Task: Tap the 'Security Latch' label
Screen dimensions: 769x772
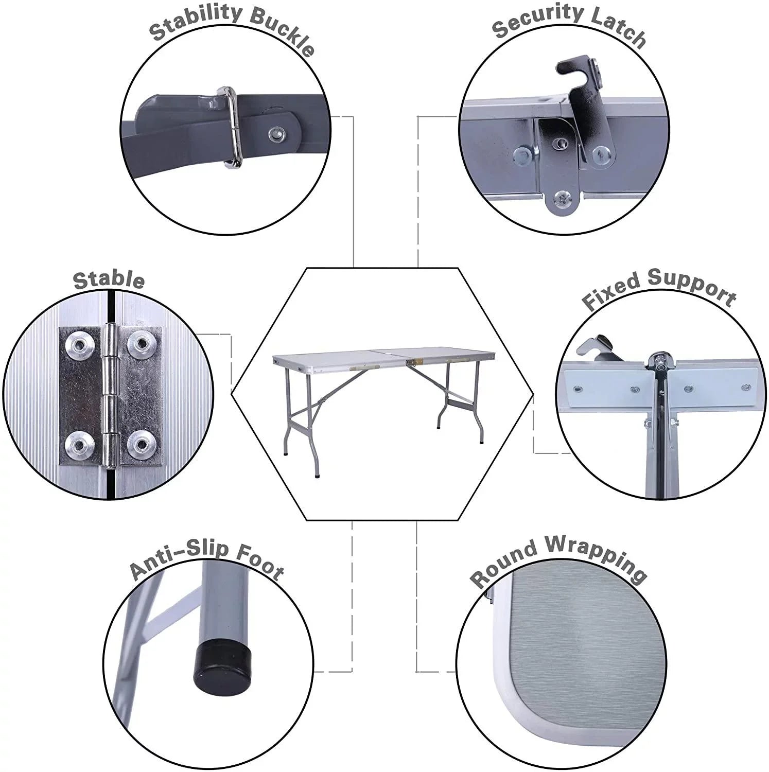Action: (x=569, y=25)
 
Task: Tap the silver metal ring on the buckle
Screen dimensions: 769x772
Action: (x=230, y=127)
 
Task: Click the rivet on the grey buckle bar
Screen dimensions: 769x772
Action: (x=276, y=135)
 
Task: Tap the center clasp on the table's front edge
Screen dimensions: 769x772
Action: (x=410, y=363)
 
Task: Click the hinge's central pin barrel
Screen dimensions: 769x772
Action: (x=110, y=395)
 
